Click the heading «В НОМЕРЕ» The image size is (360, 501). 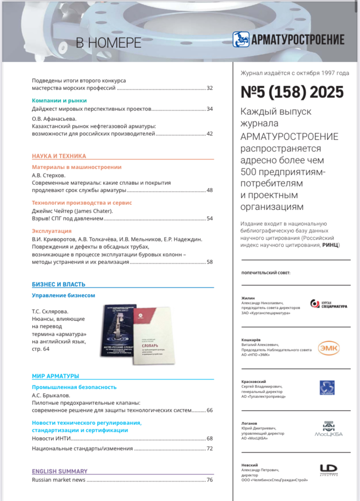[x=109, y=43]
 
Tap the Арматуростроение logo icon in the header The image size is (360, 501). [x=241, y=39]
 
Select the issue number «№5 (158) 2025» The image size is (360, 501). [x=292, y=92]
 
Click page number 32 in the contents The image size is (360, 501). [x=210, y=88]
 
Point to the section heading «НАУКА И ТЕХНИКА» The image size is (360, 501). [x=59, y=156]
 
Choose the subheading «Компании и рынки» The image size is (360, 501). [x=59, y=100]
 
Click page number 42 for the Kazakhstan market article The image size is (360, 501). [x=210, y=134]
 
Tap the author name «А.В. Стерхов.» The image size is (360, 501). [x=49, y=175]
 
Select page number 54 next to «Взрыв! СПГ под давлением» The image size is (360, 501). [x=210, y=218]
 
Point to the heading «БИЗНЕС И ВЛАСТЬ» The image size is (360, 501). [x=59, y=284]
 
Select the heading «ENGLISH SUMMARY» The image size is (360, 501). [x=60, y=471]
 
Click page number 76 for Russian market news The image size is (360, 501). [x=210, y=480]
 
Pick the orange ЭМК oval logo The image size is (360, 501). [x=328, y=348]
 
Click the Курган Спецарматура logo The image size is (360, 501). [x=329, y=304]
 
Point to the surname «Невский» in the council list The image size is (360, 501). [x=249, y=465]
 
